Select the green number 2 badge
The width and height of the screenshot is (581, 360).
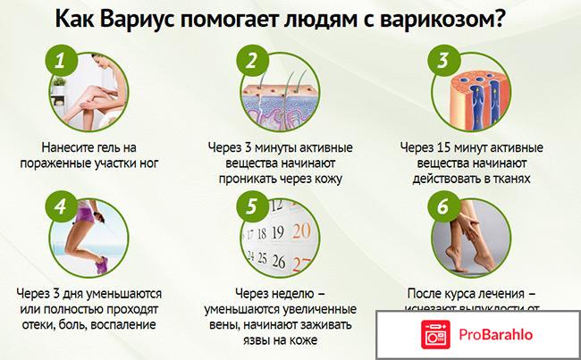click(252, 63)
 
